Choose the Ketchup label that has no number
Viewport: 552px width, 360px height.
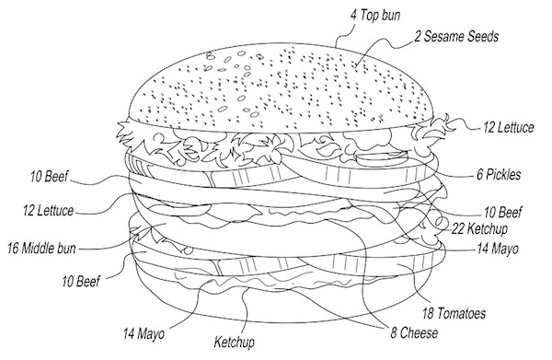[x=235, y=343]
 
